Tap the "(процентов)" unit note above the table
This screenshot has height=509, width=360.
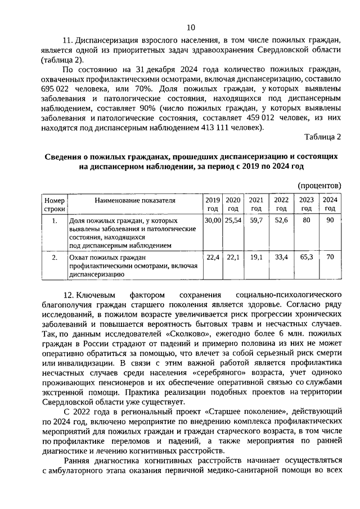318,186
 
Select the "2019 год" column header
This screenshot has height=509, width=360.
213,204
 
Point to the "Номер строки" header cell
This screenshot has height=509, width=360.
55,204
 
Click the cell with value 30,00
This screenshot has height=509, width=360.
213,220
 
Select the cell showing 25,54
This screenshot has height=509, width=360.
233,220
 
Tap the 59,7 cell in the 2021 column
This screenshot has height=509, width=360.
256,220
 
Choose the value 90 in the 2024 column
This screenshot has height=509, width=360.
330,220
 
